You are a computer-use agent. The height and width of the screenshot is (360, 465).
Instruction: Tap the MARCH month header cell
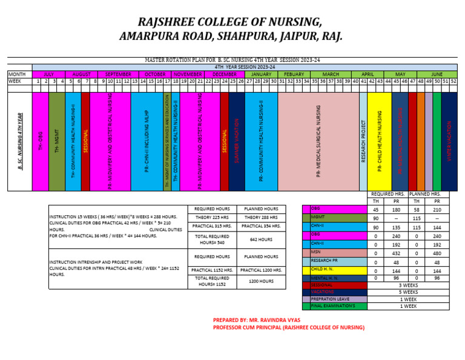331,74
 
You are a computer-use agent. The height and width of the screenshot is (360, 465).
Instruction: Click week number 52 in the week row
453,81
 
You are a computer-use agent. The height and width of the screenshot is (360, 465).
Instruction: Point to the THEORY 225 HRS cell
207,217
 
